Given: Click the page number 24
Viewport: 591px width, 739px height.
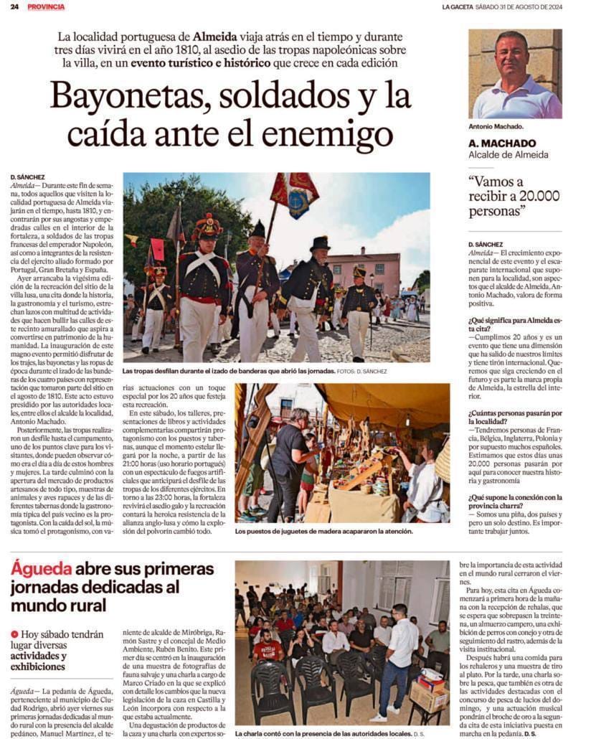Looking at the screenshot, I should (x=14, y=6).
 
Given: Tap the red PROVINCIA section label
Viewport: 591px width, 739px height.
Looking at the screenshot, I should (x=46, y=6).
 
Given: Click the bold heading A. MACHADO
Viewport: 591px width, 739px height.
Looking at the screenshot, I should (x=502, y=143).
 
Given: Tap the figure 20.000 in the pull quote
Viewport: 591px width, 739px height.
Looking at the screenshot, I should (x=531, y=197).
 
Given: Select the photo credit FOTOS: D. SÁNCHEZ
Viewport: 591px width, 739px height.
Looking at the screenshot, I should (x=361, y=371).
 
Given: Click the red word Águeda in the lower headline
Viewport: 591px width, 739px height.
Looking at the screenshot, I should (x=42, y=569).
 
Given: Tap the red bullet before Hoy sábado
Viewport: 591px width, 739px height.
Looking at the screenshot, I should (x=14, y=634).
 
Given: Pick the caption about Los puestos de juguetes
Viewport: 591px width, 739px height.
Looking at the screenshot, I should (x=323, y=531).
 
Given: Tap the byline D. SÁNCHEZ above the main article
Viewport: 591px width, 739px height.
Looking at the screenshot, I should (x=28, y=176).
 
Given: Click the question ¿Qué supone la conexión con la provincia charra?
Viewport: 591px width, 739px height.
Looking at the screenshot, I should (x=514, y=501).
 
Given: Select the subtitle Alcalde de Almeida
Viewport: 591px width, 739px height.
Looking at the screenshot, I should (x=508, y=154).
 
